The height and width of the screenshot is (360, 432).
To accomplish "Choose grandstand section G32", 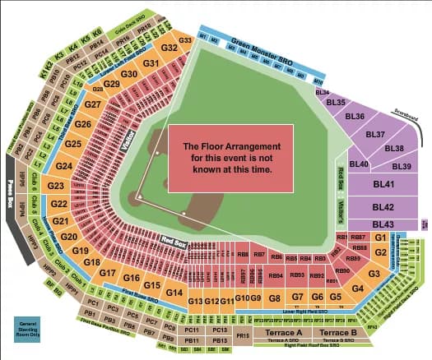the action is tap(170, 48).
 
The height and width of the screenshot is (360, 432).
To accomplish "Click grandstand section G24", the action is tap(64, 166).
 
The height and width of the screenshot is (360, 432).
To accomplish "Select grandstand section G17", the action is tap(108, 273).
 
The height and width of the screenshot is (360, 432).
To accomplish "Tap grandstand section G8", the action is tap(276, 297).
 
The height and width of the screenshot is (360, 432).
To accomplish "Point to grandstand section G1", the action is tap(379, 237).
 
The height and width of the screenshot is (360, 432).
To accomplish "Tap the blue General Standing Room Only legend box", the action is tap(30, 326).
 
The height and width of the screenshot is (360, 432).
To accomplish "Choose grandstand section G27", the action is tap(93, 105).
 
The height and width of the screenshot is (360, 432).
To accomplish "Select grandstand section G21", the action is tap(60, 222).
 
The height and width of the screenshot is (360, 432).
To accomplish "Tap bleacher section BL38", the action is tap(394, 149).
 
